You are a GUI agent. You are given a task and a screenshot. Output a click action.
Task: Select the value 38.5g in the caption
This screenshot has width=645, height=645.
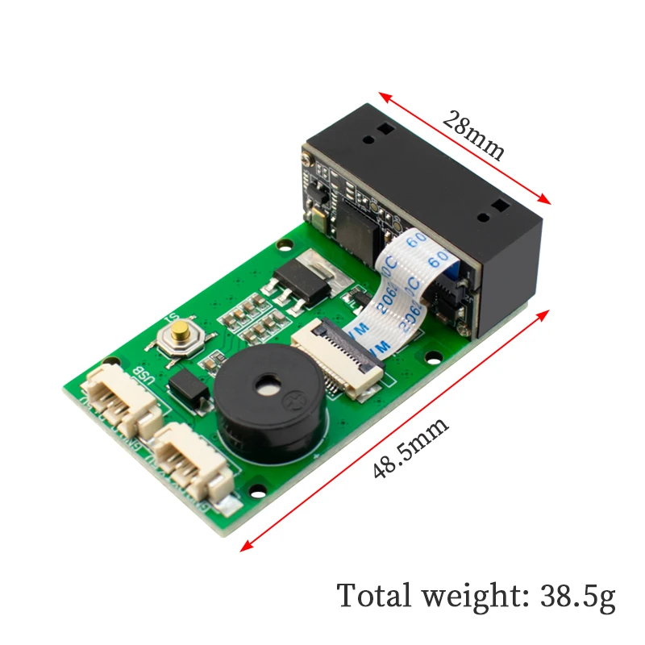pyautogui.click(x=572, y=597)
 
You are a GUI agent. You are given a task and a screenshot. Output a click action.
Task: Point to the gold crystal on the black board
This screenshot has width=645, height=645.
pyautogui.click(x=317, y=216)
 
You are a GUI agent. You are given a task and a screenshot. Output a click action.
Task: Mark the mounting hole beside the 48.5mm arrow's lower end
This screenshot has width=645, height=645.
pyautogui.click(x=260, y=486)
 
